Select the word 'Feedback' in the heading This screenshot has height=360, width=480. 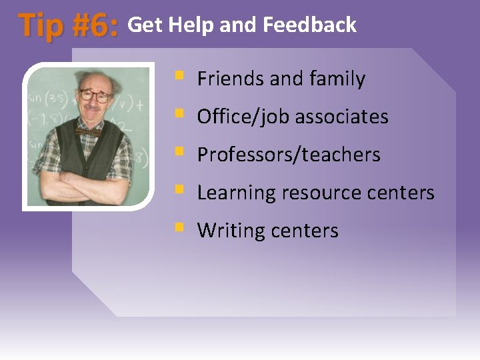coord(310,25)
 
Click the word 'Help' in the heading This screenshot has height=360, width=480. coord(191,25)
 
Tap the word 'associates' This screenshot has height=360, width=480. coord(341,117)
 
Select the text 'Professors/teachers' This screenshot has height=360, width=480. coord(289,155)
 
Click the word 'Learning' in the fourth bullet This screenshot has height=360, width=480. coord(236,193)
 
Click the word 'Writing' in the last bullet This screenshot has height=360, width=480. coord(231,231)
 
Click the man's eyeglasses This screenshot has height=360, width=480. coord(95,95)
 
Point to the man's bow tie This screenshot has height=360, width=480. coord(87,131)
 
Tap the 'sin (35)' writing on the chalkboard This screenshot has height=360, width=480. coord(44,101)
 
